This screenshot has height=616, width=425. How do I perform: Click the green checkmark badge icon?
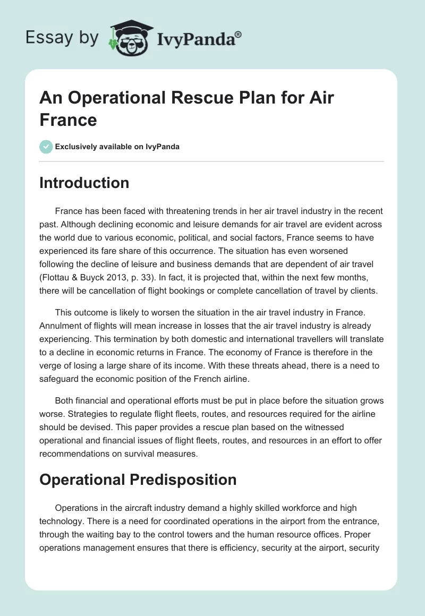(46, 147)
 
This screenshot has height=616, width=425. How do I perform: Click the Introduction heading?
(84, 183)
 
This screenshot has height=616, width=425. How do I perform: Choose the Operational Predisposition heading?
(138, 479)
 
